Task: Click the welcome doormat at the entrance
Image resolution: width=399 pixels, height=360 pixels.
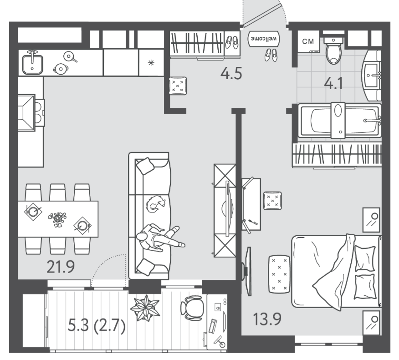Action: pos(264,39)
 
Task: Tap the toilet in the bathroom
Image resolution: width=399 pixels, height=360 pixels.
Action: pos(333,51)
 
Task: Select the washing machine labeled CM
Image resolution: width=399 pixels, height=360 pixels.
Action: pos(308,41)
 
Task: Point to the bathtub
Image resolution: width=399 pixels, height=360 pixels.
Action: pos(339,121)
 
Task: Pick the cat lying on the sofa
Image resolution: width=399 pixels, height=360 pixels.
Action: pos(156,204)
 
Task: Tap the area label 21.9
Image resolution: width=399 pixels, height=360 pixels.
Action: pos(61,267)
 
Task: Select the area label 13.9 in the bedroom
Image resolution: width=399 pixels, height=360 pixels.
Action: pos(267,319)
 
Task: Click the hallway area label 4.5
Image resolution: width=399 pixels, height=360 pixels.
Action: pos(231,73)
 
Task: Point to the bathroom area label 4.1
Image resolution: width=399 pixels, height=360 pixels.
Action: pos(333,83)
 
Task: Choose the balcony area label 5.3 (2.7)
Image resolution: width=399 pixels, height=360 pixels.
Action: pos(97,326)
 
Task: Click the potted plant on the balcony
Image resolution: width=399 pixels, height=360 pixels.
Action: pos(145,308)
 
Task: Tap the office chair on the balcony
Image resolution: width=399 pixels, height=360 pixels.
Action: pos(193,308)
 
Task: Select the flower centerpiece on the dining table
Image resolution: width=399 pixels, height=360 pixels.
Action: pos(57,219)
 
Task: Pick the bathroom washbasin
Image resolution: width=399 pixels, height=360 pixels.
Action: pos(372,75)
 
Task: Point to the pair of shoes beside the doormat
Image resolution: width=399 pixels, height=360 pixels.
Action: pos(271,55)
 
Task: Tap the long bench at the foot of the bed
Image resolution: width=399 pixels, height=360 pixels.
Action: pos(279,274)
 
